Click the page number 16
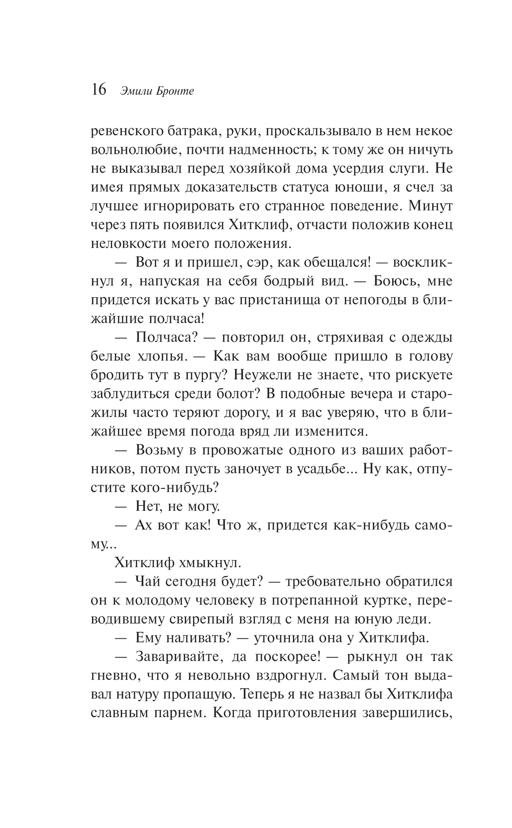click(x=98, y=90)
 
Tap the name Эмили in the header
click(x=134, y=92)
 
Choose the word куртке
click(x=388, y=599)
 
